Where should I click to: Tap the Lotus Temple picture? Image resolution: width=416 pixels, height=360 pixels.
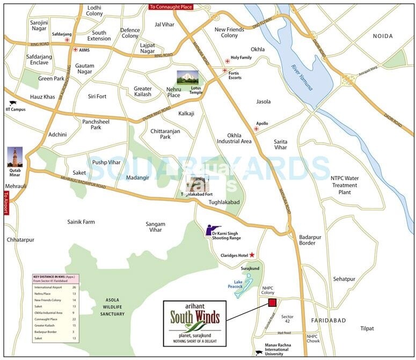(187, 78)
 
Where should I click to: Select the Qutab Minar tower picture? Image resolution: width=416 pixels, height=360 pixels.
(15, 157)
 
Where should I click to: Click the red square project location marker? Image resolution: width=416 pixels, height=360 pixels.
(272, 303)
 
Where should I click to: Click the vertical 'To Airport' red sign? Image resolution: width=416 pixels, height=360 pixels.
(6, 203)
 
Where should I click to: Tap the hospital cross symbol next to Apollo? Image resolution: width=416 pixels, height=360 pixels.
(257, 129)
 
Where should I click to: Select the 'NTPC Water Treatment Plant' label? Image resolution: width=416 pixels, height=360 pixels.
(345, 185)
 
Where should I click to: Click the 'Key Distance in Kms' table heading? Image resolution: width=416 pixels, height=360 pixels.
(54, 279)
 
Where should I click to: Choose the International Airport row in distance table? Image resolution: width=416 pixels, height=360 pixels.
(54, 288)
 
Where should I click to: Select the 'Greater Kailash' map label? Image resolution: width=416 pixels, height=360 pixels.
(143, 91)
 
